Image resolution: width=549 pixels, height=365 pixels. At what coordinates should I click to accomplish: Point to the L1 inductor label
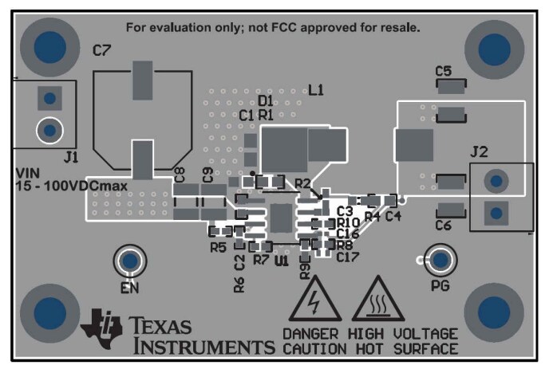(x=316, y=90)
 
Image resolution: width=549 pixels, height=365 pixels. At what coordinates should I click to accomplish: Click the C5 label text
(x=444, y=72)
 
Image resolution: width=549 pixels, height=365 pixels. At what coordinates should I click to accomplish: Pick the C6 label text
(x=444, y=226)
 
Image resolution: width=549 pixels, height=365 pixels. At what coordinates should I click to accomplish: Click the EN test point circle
(x=128, y=261)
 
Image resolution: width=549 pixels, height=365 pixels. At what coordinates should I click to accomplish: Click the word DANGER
(x=310, y=333)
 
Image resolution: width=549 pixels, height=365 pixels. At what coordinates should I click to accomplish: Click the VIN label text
(x=29, y=173)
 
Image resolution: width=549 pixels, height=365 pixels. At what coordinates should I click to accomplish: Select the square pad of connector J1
(x=49, y=99)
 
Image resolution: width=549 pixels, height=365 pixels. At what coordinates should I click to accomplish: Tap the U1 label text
(x=281, y=260)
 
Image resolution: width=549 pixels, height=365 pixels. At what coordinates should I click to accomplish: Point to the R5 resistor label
(x=219, y=248)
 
